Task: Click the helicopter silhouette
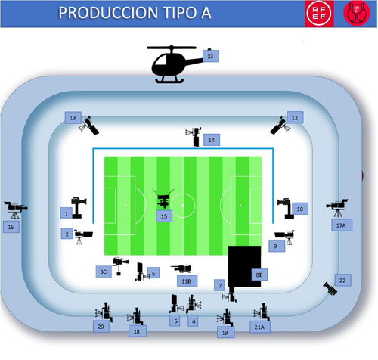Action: click(172, 64)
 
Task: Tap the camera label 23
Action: click(211, 56)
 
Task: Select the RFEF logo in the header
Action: click(319, 14)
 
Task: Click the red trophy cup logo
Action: click(356, 13)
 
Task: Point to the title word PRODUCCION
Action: click(108, 13)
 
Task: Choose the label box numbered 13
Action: click(73, 118)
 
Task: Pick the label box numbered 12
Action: click(295, 117)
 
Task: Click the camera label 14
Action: click(212, 140)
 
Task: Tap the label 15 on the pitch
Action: click(164, 216)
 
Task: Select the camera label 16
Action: click(11, 227)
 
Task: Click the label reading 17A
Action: click(342, 225)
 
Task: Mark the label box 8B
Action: click(259, 275)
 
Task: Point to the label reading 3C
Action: click(104, 272)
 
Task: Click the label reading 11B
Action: click(187, 281)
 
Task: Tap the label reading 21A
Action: click(260, 327)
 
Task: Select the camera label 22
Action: click(342, 281)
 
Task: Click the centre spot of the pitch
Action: click(183, 206)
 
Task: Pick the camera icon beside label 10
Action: click(286, 208)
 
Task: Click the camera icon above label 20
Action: click(104, 312)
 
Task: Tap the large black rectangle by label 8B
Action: click(244, 266)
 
